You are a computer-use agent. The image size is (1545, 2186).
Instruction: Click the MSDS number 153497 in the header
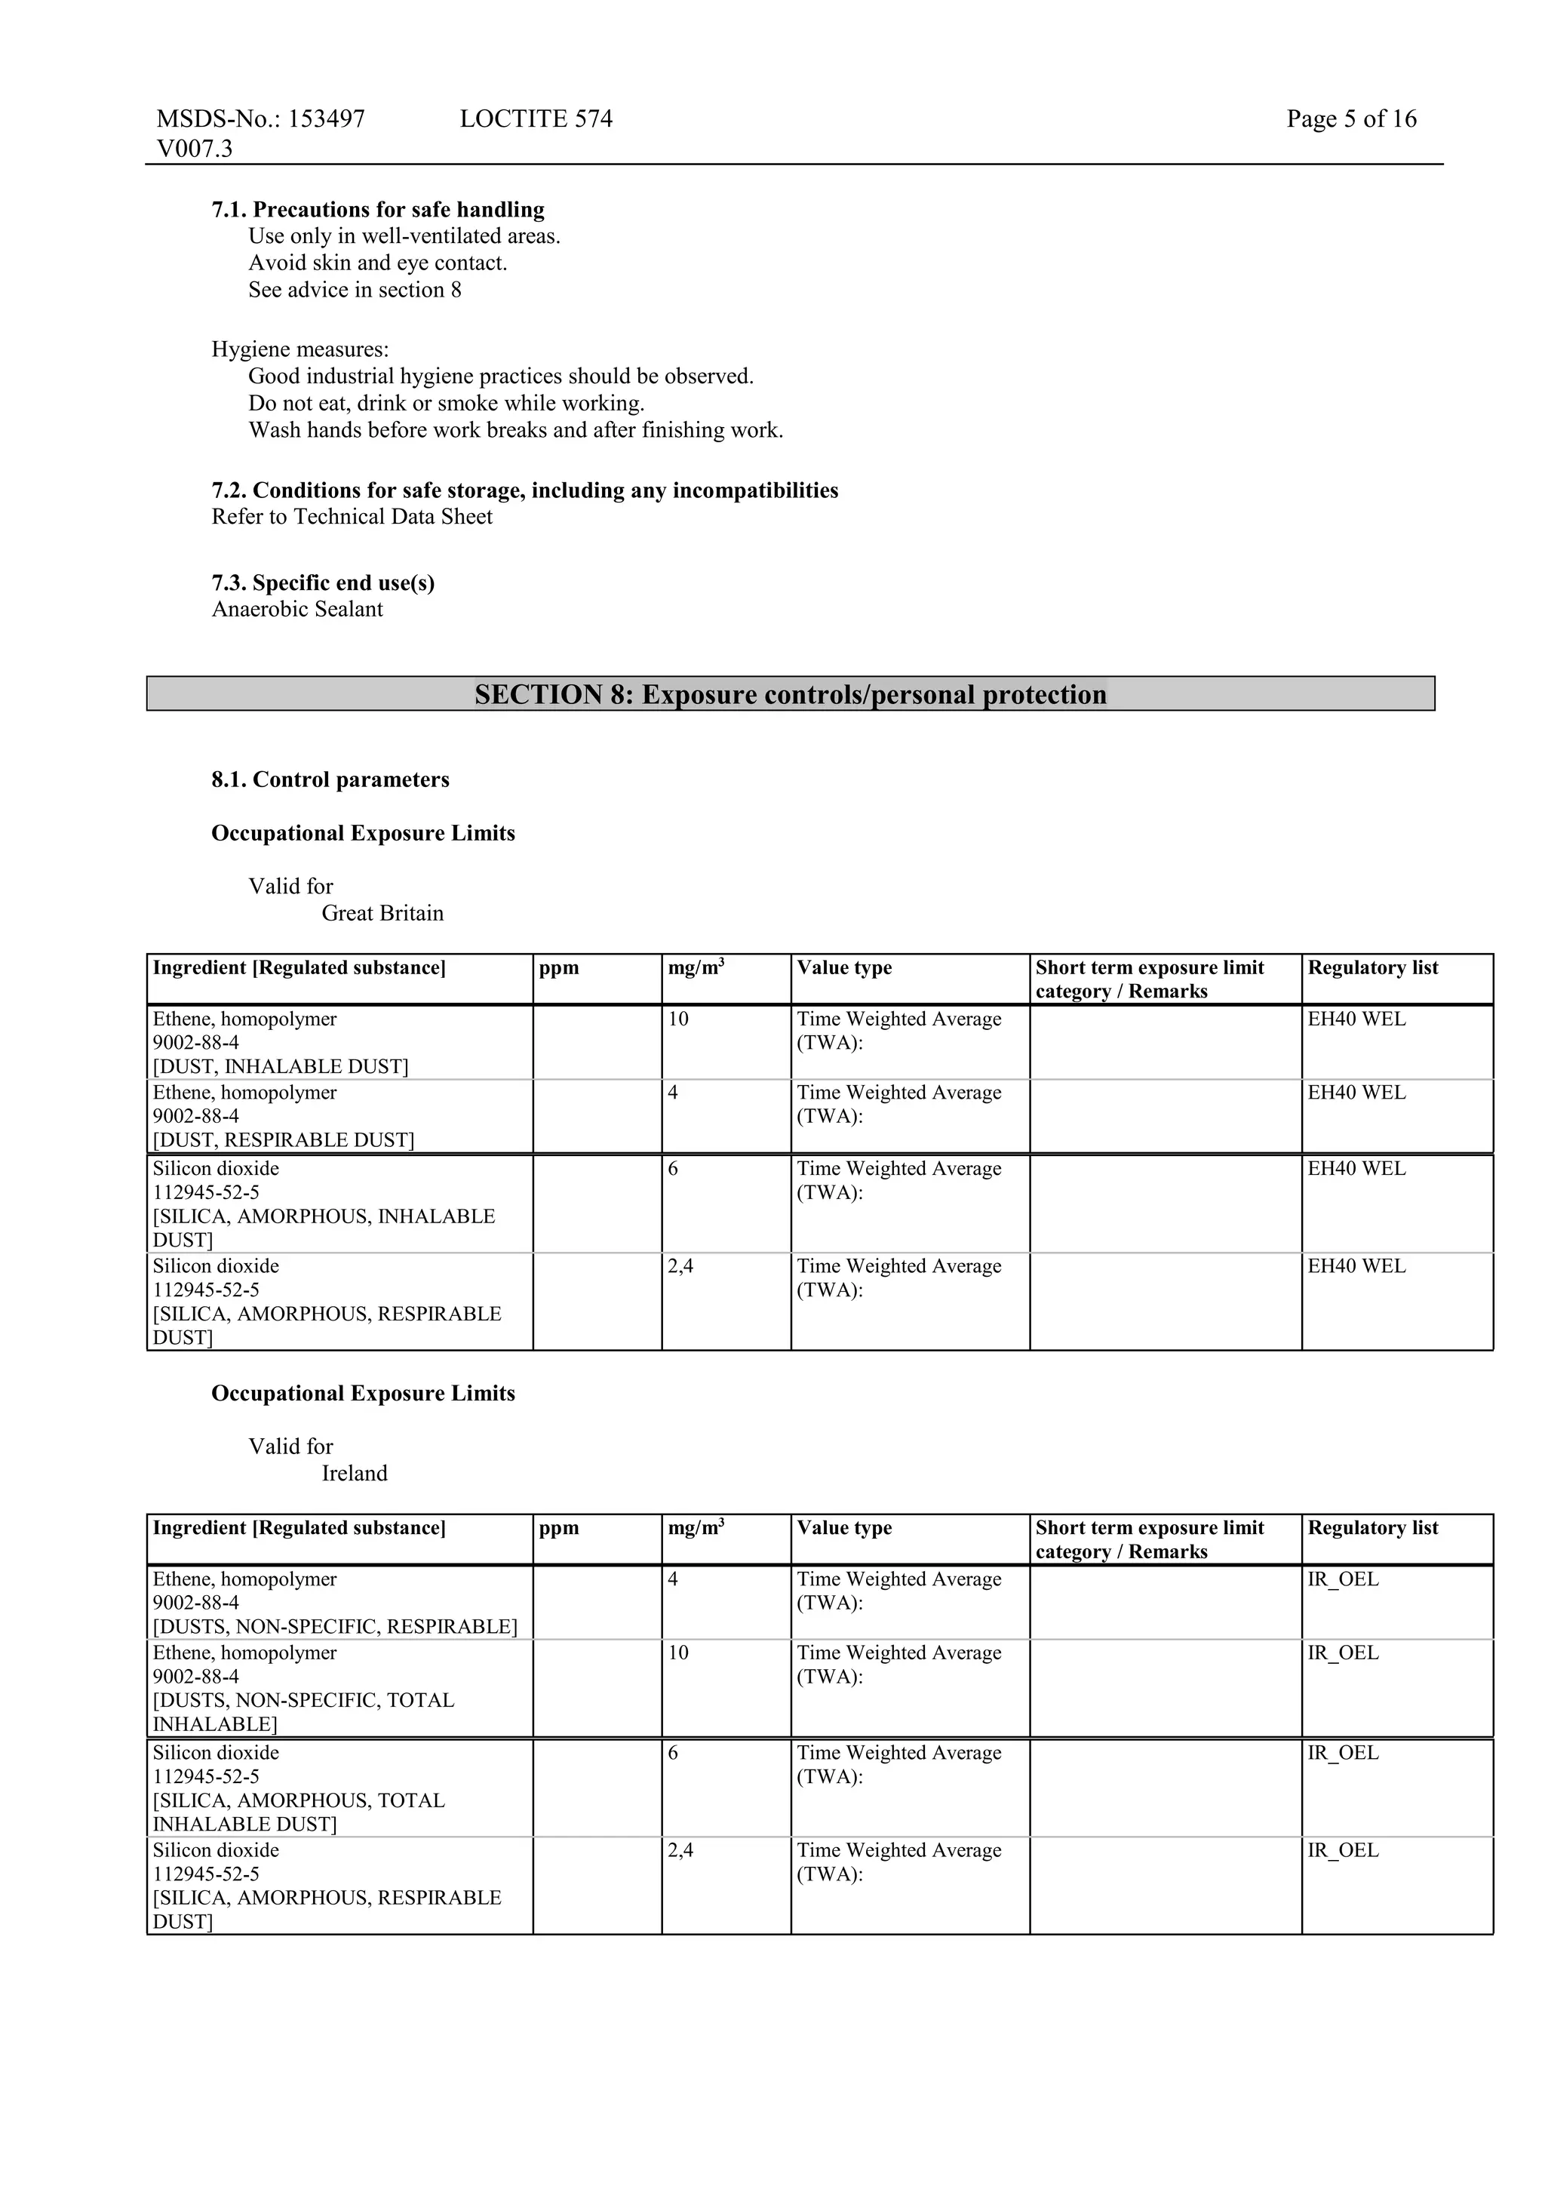327,119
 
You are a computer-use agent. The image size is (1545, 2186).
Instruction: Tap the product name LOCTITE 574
536,119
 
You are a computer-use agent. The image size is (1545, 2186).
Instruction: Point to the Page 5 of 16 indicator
1351,119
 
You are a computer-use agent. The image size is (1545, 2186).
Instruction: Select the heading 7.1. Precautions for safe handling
378,210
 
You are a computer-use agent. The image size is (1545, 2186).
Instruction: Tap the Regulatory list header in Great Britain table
1373,968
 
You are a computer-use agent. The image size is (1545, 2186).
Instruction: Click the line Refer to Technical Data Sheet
352,517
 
